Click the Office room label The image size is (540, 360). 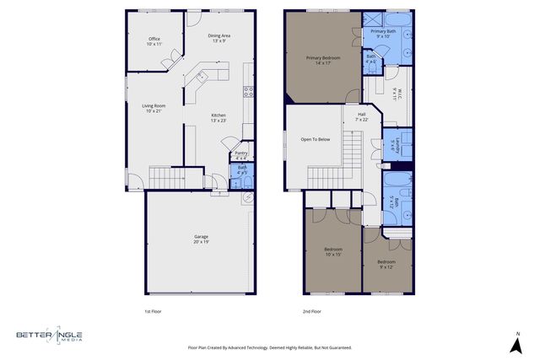pyautogui.click(x=154, y=40)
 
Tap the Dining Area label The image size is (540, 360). pyautogui.click(x=218, y=38)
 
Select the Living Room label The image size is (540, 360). pyautogui.click(x=154, y=108)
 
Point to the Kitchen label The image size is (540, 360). pyautogui.click(x=219, y=117)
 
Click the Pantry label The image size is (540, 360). pyautogui.click(x=240, y=155)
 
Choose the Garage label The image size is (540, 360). pyautogui.click(x=201, y=239)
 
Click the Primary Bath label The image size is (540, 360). pyautogui.click(x=383, y=34)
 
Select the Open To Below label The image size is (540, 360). pyautogui.click(x=316, y=139)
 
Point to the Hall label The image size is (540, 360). pyautogui.click(x=361, y=116)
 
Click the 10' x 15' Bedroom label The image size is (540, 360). pyautogui.click(x=334, y=252)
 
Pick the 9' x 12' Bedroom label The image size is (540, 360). pyautogui.click(x=386, y=264)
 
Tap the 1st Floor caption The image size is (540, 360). pyautogui.click(x=153, y=312)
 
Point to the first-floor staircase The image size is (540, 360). pyautogui.click(x=165, y=177)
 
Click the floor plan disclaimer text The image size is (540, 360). pyautogui.click(x=269, y=347)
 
